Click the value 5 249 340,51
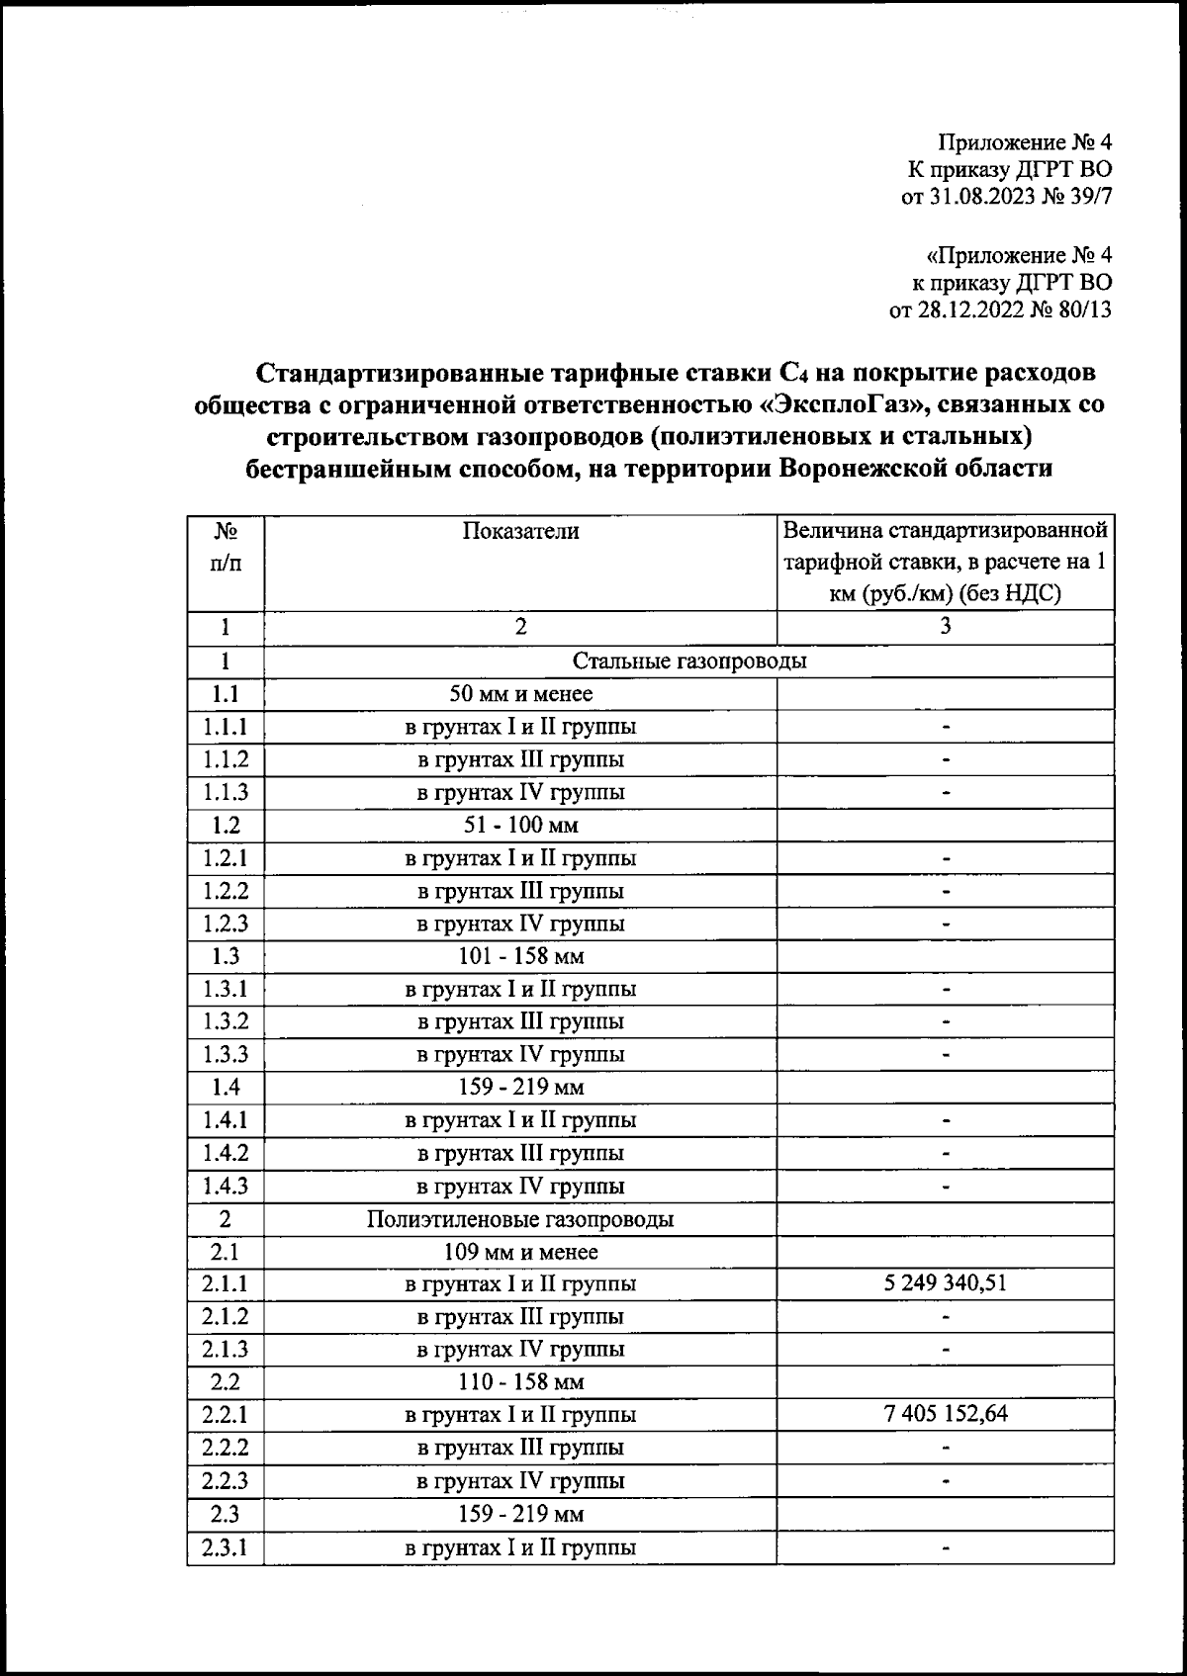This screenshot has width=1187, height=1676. [946, 1283]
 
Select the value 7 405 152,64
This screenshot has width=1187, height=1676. [946, 1414]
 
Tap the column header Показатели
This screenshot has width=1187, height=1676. [520, 531]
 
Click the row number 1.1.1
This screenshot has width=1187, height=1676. [226, 727]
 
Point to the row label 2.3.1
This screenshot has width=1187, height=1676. [226, 1546]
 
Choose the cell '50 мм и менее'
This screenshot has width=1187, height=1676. [520, 694]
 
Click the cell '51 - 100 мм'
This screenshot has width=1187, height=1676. [520, 825]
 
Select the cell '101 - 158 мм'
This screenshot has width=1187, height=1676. [520, 956]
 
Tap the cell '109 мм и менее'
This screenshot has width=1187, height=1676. [520, 1252]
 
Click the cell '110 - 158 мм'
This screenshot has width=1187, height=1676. [520, 1382]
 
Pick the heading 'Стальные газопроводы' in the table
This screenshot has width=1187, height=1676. [689, 661]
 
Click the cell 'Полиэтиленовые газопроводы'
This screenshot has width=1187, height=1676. [520, 1219]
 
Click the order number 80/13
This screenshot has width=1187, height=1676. [1083, 310]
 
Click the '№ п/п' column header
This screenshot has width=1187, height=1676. [226, 547]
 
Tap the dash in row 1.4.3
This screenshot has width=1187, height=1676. [946, 1186]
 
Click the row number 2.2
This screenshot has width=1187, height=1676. [226, 1382]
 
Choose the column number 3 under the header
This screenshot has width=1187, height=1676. [946, 627]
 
